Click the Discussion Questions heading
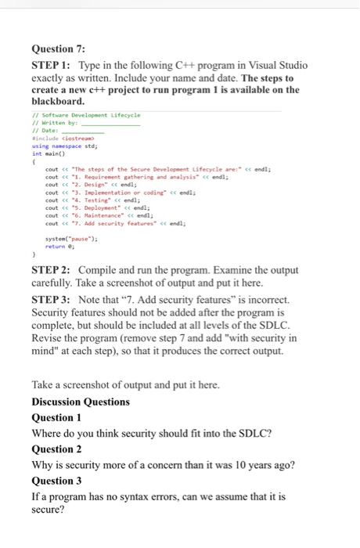coord(81,402)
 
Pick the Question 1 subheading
coord(59,417)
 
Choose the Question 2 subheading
coord(59,449)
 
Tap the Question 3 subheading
coord(59,481)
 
